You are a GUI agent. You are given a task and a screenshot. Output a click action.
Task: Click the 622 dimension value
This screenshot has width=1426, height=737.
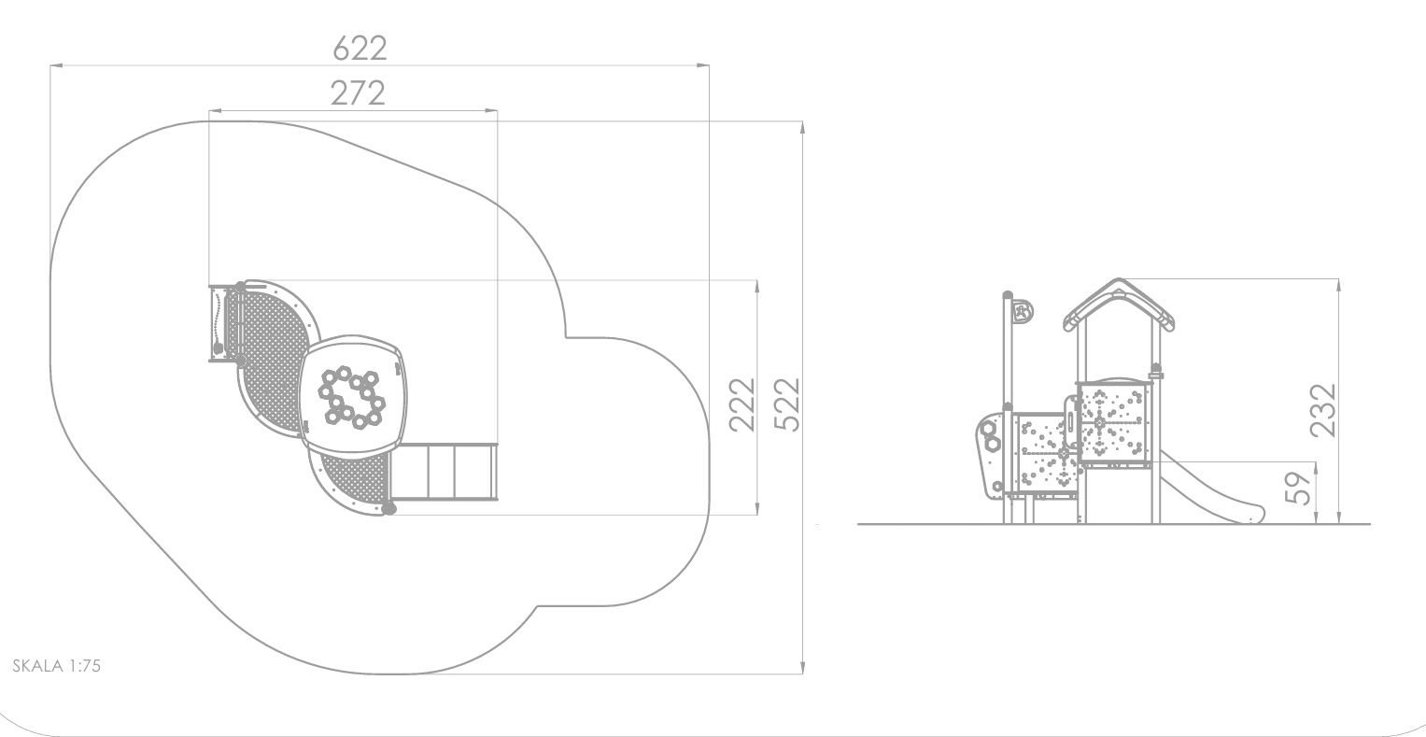pyautogui.click(x=360, y=49)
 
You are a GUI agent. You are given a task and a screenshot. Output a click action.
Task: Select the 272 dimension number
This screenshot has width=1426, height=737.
pyautogui.click(x=358, y=93)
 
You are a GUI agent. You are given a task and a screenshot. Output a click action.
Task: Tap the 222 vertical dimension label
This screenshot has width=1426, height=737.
pyautogui.click(x=742, y=405)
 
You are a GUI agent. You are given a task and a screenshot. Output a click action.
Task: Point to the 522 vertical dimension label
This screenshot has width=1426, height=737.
pyautogui.click(x=787, y=405)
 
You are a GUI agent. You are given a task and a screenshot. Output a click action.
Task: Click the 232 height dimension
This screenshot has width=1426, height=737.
pyautogui.click(x=1323, y=410)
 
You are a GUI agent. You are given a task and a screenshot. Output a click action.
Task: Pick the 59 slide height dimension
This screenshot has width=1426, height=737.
pyautogui.click(x=1299, y=488)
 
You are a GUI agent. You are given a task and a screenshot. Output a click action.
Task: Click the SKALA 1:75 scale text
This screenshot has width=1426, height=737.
pyautogui.click(x=57, y=666)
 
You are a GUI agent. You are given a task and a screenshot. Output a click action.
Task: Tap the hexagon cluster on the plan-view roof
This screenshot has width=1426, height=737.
pyautogui.click(x=352, y=398)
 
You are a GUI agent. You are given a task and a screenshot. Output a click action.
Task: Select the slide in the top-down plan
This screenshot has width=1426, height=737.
pyautogui.click(x=444, y=472)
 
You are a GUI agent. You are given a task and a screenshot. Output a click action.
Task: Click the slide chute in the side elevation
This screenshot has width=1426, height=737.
pyautogui.click(x=1209, y=489)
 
